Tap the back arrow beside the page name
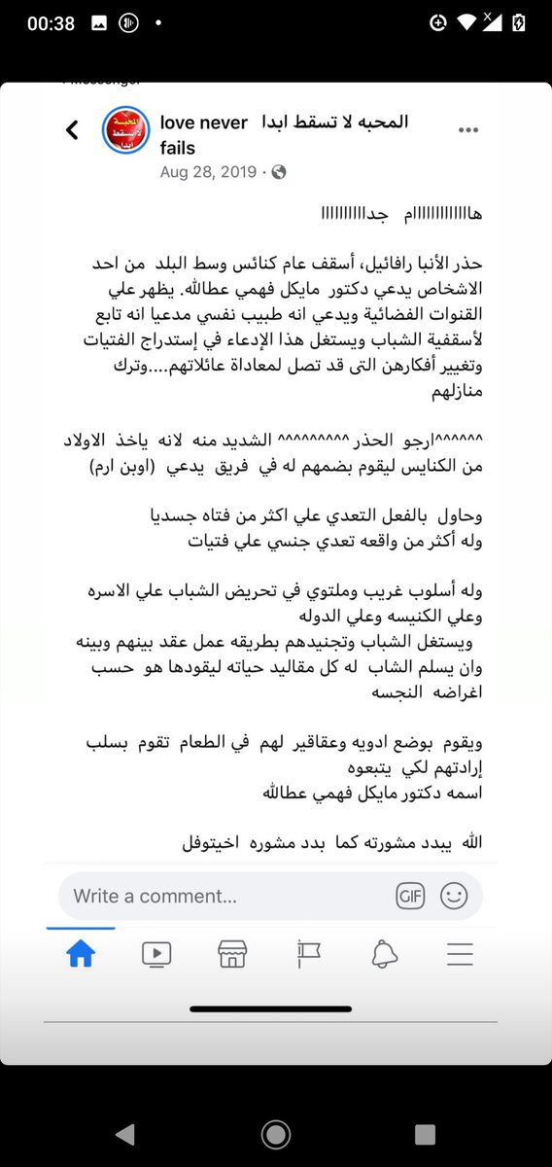pyautogui.click(x=72, y=130)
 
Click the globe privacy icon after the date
pyautogui.click(x=279, y=172)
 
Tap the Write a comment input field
pyautogui.click(x=224, y=896)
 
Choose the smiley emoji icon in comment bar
pyautogui.click(x=454, y=896)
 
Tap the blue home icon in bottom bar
pyautogui.click(x=80, y=955)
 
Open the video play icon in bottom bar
pyautogui.click(x=155, y=955)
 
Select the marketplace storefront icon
pyautogui.click(x=231, y=955)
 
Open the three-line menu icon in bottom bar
pyautogui.click(x=460, y=955)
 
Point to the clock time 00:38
pyautogui.click(x=52, y=23)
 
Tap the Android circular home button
pyautogui.click(x=276, y=1134)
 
